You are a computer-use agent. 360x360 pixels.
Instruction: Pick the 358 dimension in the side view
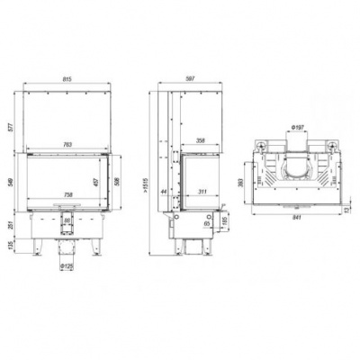202,141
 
